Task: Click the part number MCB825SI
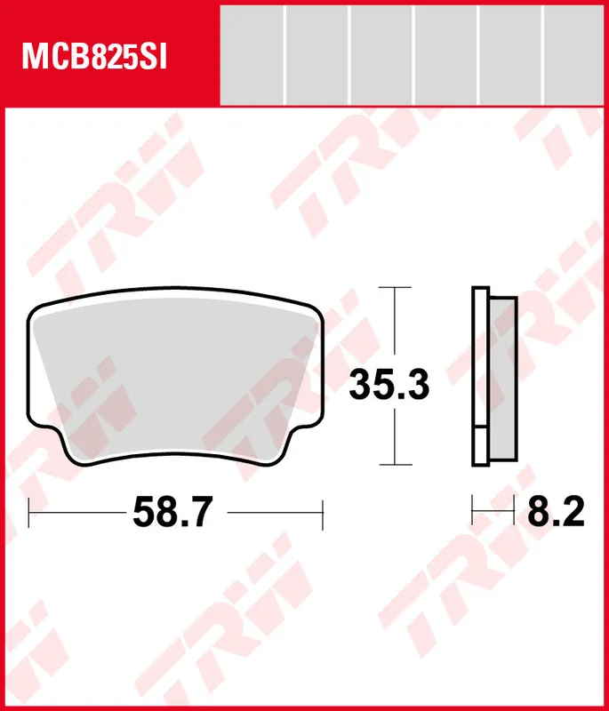[x=93, y=58]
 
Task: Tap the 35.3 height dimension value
[x=389, y=385]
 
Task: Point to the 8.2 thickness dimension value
[x=557, y=512]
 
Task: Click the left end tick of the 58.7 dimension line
[x=29, y=512]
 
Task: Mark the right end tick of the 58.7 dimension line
[x=322, y=512]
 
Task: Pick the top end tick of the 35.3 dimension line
[x=395, y=288]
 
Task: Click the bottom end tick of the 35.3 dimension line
[x=395, y=465]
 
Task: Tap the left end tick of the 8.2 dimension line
[x=472, y=512]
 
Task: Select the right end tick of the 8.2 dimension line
[x=515, y=512]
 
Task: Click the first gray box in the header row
[x=251, y=54]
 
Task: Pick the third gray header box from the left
[x=381, y=54]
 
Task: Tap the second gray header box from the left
[x=317, y=54]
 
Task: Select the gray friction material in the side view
[x=502, y=378]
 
